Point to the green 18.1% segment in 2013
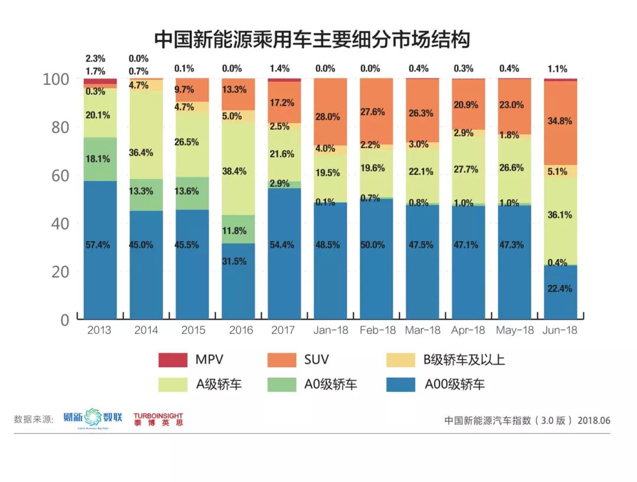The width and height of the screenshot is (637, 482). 100,159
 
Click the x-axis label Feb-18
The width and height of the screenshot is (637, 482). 376,330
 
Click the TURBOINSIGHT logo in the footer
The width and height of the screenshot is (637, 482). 157,419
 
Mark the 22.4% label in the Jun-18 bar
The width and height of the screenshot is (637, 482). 560,289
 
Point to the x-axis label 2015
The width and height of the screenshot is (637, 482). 192,330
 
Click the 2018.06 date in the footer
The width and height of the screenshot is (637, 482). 593,420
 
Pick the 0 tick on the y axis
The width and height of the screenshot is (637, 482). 64,320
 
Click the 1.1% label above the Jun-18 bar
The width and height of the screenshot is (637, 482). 560,68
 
